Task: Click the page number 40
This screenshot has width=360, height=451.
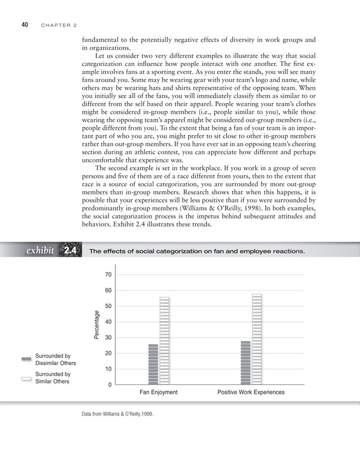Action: [x=24, y=25]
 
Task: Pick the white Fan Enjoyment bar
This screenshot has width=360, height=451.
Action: [x=164, y=341]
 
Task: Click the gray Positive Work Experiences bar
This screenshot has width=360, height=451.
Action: [x=245, y=363]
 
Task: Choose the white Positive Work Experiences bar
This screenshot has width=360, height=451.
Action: [x=256, y=339]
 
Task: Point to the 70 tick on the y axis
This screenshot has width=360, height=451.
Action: [x=109, y=275]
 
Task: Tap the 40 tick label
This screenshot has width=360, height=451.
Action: [x=109, y=322]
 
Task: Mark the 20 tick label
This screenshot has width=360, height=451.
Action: [x=109, y=353]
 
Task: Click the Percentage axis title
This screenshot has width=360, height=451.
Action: [x=97, y=324]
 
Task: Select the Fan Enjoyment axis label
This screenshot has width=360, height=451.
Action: [x=158, y=392]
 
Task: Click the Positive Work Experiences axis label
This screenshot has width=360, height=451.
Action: [x=251, y=392]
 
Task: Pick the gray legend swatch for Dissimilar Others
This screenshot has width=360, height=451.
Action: [x=27, y=359]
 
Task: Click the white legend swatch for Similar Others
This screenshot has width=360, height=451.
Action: [x=27, y=378]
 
